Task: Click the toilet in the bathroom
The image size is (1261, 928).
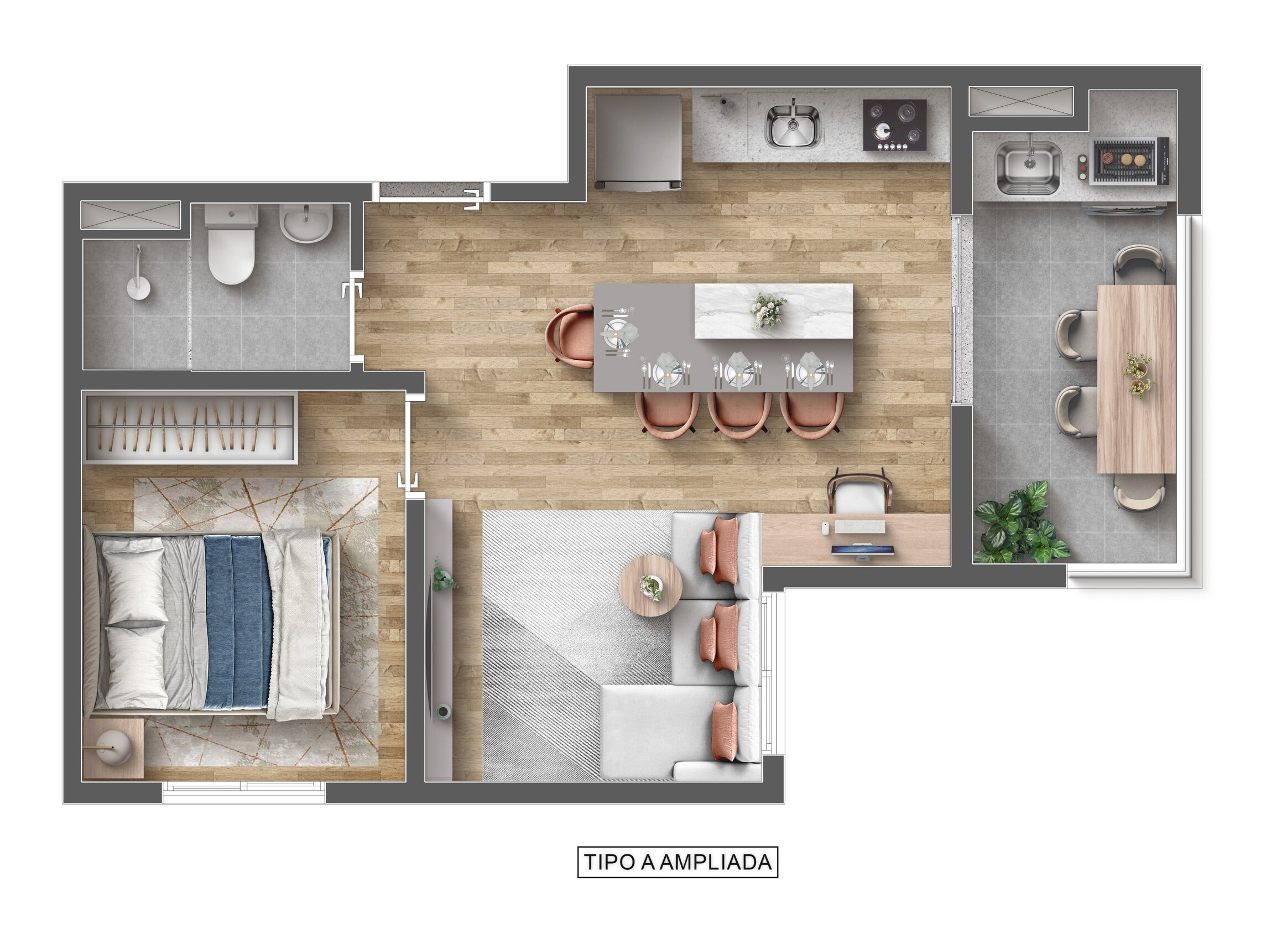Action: tap(231, 245)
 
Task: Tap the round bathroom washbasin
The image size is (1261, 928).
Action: tap(306, 223)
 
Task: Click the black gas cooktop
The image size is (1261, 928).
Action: tap(894, 125)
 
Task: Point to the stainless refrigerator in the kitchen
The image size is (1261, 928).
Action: tap(638, 141)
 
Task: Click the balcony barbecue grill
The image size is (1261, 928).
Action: tap(1128, 160)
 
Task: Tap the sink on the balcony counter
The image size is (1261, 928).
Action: tap(1028, 167)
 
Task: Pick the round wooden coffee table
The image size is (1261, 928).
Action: tap(650, 586)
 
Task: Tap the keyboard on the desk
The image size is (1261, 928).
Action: tap(859, 526)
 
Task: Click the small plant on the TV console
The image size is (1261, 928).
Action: tap(443, 577)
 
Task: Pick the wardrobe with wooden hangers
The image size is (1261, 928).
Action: tap(190, 428)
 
